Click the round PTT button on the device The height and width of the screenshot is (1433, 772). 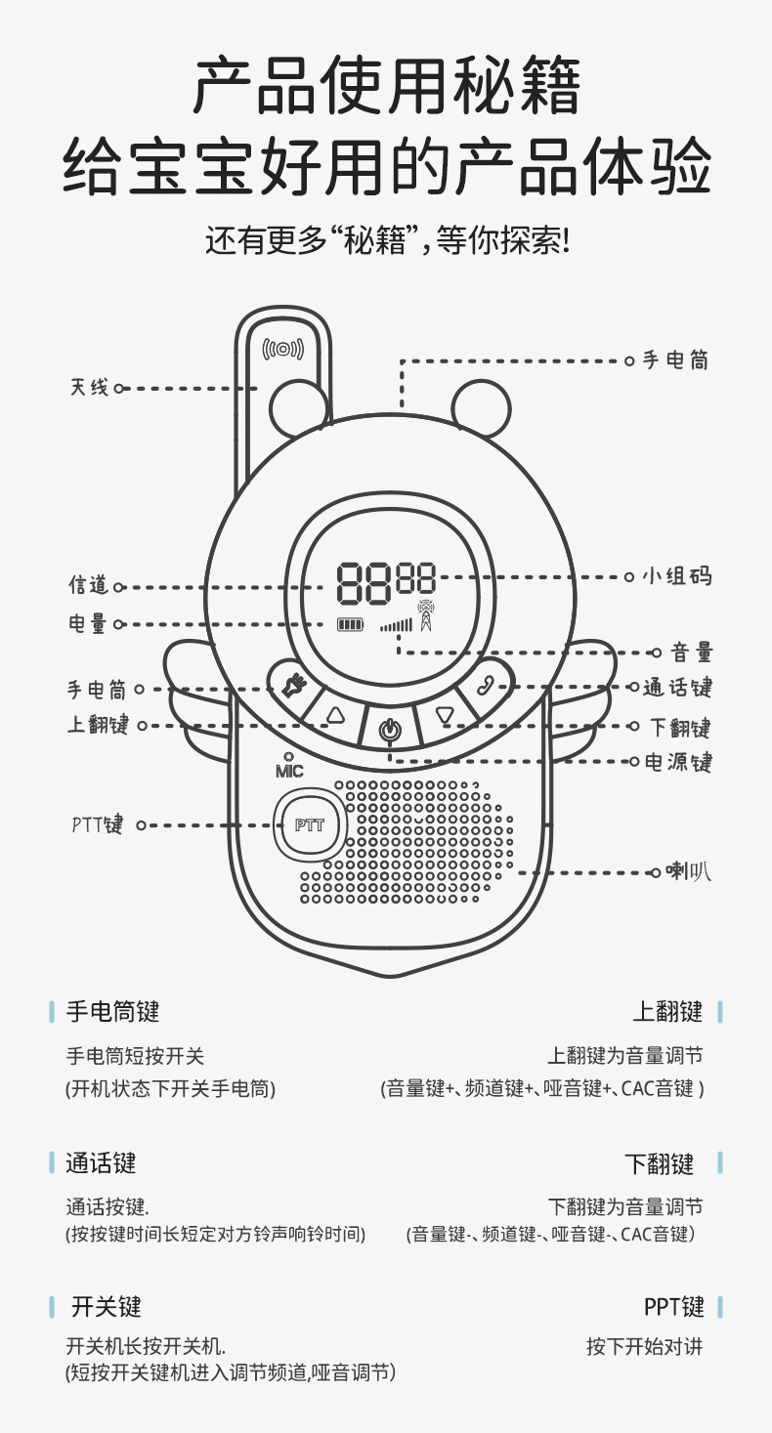[309, 825]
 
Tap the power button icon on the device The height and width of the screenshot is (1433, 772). [389, 730]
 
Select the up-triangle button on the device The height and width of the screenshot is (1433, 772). [336, 716]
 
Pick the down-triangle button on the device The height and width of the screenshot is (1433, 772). [446, 716]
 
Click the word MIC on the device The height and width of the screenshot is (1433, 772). [289, 771]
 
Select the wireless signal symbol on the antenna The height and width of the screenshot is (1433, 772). [283, 348]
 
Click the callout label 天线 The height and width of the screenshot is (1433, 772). [89, 388]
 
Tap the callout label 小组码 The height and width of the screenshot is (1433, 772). [676, 576]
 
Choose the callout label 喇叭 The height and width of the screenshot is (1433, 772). [688, 870]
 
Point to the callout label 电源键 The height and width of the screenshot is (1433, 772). [678, 762]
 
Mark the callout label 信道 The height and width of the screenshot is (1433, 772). [88, 586]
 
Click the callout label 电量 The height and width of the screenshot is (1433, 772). [88, 624]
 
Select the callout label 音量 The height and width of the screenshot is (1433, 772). [692, 653]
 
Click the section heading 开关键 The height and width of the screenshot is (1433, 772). [107, 1306]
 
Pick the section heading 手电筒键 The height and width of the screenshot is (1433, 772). [112, 1011]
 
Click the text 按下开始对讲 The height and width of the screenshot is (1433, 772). [644, 1346]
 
